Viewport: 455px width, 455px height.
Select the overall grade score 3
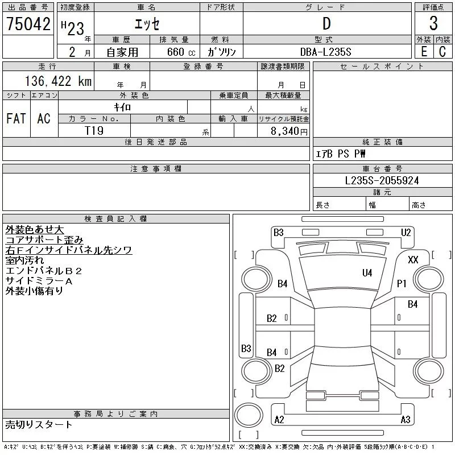coord(433,24)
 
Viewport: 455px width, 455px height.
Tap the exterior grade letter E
coord(424,52)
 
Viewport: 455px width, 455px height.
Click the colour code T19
coord(94,130)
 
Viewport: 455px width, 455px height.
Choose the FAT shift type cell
coord(16,118)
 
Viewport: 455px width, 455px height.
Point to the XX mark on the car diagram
coord(413,259)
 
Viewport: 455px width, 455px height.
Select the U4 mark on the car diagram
coord(367,273)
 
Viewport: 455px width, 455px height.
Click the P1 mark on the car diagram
coord(402,283)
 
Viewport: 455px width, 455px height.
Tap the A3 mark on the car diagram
coord(406,420)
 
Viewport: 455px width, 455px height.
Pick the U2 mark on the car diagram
coord(406,232)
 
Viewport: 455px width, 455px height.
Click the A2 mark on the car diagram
coord(279,420)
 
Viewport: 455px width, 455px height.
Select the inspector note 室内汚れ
coord(26,260)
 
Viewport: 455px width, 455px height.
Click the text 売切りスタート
coord(39,424)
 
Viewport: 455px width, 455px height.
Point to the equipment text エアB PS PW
coord(341,154)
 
